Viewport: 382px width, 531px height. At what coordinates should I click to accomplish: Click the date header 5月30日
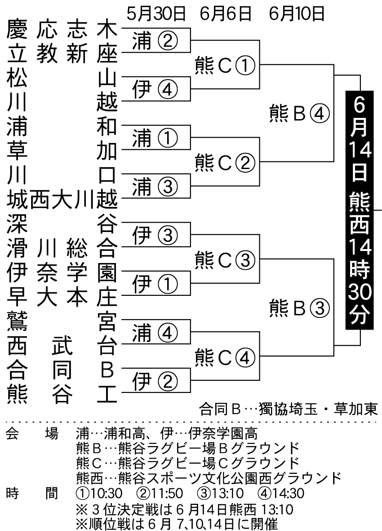point(156,14)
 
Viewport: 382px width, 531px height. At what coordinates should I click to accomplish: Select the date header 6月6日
point(227,14)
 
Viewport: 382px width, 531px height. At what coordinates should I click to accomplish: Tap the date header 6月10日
point(297,14)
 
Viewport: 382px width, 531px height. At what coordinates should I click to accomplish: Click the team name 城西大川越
point(62,200)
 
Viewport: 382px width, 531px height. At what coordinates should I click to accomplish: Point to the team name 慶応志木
point(62,28)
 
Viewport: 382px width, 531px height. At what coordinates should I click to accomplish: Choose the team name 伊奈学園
point(62,273)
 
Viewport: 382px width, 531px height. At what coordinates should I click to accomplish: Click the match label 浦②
point(155,41)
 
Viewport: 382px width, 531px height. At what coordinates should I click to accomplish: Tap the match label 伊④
point(155,89)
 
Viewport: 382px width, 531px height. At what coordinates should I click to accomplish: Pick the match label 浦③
point(155,187)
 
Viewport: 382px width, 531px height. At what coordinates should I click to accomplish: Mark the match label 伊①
point(155,284)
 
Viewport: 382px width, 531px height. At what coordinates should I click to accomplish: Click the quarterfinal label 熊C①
point(225,65)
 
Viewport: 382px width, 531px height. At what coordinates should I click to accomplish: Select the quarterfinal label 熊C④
point(225,357)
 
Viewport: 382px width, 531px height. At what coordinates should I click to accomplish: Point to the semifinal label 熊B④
point(299,113)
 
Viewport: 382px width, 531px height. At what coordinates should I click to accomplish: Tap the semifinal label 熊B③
point(299,308)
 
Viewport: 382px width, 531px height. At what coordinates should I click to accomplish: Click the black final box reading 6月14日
point(360,210)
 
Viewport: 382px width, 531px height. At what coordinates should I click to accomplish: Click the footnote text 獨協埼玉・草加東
point(318,409)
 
